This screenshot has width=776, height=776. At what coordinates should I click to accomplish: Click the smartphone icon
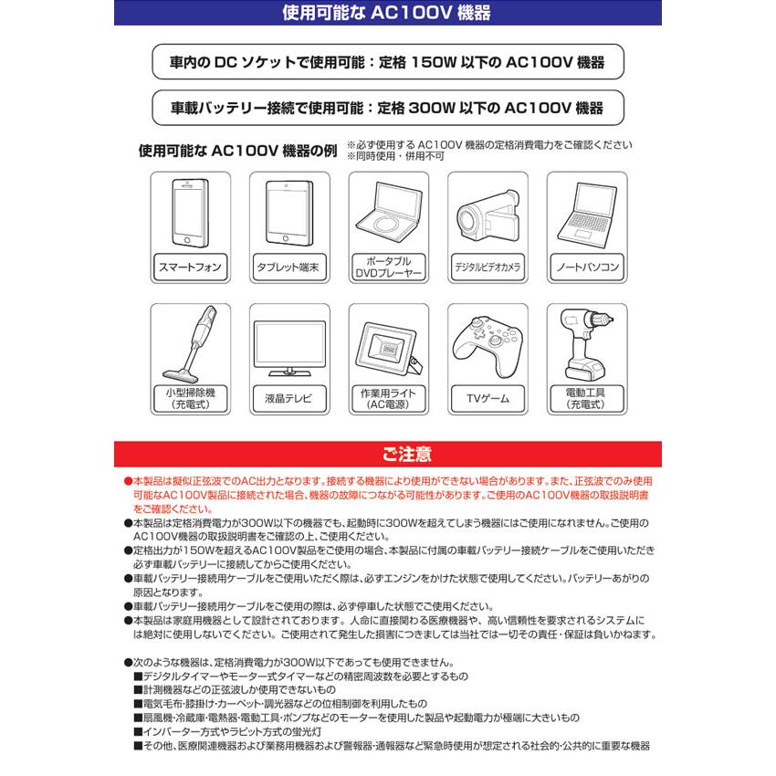click(190, 214)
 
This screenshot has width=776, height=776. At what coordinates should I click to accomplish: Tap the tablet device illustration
click(288, 214)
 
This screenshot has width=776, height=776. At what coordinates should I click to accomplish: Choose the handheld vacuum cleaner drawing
click(190, 345)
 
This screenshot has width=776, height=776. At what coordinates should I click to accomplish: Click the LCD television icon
click(288, 347)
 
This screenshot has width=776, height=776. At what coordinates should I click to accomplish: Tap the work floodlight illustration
click(388, 347)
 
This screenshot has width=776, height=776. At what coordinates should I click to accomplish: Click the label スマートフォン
click(190, 267)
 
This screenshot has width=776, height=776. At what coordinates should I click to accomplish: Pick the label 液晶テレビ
click(288, 399)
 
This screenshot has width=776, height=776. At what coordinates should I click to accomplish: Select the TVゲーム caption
click(487, 399)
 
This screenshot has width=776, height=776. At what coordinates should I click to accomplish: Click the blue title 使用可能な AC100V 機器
click(387, 12)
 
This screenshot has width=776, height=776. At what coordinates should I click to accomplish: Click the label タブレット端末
click(288, 267)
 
